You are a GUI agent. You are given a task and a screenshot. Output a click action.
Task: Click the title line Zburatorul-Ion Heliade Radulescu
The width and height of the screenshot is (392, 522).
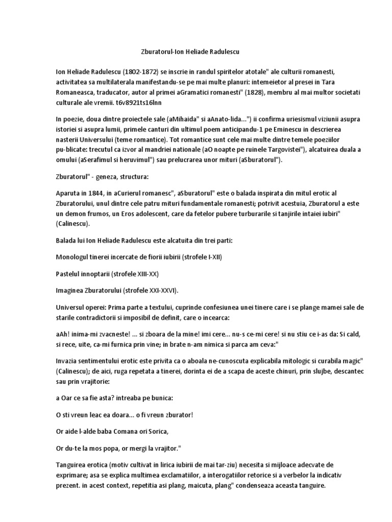197,52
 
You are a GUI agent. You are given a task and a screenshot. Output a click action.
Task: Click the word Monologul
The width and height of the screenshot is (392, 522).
76,257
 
